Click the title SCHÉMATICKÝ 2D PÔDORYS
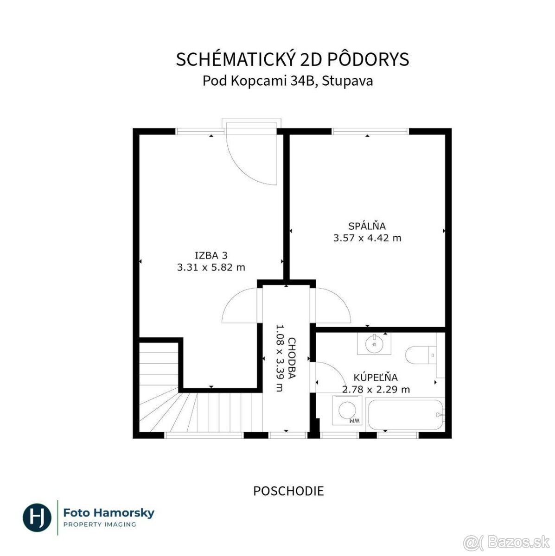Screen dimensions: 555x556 (x=292, y=59)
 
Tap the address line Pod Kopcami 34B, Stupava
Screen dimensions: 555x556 (x=287, y=81)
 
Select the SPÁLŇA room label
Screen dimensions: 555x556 (x=367, y=226)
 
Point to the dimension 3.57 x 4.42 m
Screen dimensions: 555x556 (x=367, y=238)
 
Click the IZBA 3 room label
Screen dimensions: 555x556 (x=211, y=255)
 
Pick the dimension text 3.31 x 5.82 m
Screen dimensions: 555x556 (x=211, y=267)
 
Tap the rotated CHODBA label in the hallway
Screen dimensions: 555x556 (x=292, y=358)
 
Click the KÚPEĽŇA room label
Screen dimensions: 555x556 (x=376, y=378)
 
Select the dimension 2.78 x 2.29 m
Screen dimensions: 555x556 (x=376, y=390)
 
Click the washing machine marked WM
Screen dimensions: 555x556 (x=347, y=410)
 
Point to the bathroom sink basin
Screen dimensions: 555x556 (x=374, y=344)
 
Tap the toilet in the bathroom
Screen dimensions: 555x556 (x=421, y=354)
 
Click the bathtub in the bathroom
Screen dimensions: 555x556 (x=405, y=415)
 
